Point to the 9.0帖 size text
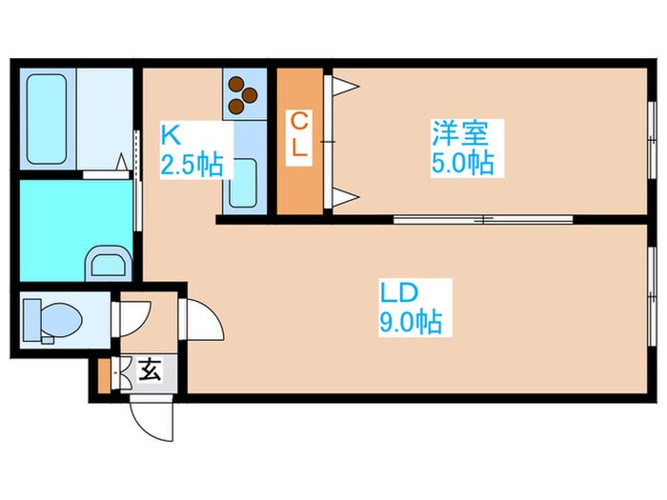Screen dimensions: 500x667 [410, 322]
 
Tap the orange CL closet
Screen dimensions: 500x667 [299, 141]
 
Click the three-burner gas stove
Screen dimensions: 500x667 [244, 91]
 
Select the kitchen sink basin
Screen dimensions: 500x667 [244, 179]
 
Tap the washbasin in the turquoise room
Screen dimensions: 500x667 [106, 261]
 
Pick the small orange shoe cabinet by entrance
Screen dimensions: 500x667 [104, 375]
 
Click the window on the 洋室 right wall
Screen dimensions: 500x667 [652, 143]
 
